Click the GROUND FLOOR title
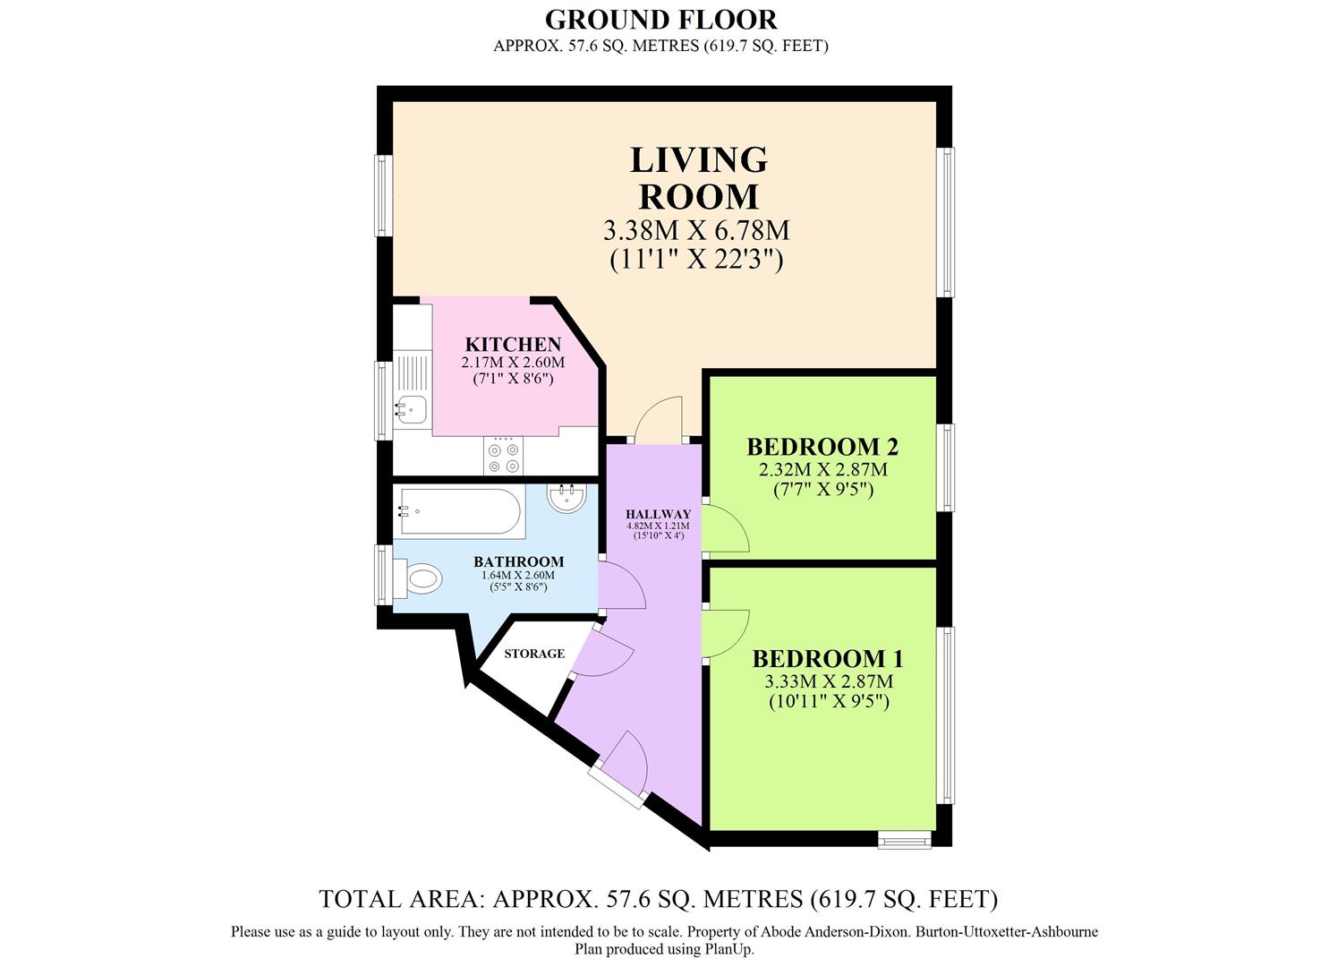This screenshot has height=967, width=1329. [x=660, y=19]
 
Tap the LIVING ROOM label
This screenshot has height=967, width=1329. [x=698, y=177]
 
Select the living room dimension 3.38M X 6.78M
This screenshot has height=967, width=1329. [x=696, y=230]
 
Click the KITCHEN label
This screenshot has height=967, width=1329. [x=513, y=345]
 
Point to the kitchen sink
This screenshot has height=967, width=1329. [x=412, y=409]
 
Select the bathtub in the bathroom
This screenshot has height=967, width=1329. [x=458, y=510]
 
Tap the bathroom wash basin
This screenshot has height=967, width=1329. [x=566, y=498]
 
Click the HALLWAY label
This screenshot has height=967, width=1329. [x=658, y=514]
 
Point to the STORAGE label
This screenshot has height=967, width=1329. [x=534, y=654]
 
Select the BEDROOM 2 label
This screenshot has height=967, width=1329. [x=822, y=446]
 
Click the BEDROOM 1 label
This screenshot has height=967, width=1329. [x=828, y=659]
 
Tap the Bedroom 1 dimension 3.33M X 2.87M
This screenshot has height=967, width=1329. [x=828, y=681]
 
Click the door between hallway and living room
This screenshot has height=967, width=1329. [x=659, y=421]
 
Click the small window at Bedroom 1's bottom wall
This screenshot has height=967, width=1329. [x=904, y=840]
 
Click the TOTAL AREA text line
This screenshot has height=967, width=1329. [x=658, y=898]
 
